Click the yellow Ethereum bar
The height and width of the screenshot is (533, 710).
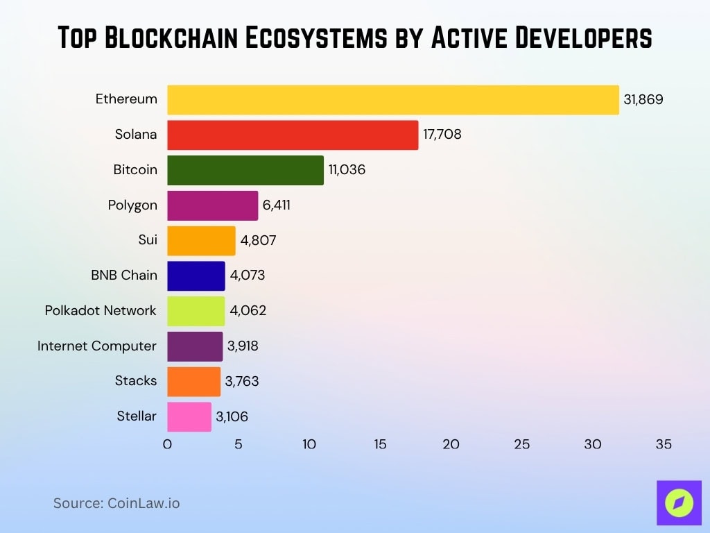coord(392,99)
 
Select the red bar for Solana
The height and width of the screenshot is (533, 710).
coord(293,135)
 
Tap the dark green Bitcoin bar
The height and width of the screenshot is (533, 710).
coord(245,170)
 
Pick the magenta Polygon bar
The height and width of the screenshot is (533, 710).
coord(212,205)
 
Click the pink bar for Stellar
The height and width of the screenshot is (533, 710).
coord(189,416)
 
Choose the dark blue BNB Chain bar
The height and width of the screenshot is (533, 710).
coord(196,276)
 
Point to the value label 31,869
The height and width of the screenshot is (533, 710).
coord(643,99)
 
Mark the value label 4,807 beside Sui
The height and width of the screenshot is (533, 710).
coord(259,240)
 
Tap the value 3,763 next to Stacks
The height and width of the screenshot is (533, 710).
coord(241,381)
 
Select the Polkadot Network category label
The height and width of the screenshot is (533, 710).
coord(101,310)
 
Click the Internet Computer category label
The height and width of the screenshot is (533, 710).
coord(97,346)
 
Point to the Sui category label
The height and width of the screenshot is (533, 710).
coord(147,240)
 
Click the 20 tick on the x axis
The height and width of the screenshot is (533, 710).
coord(451,445)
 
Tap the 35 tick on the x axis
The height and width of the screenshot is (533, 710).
coord(664,445)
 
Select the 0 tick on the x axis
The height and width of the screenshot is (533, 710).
coord(167,445)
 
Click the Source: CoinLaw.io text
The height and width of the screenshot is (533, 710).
coord(116,503)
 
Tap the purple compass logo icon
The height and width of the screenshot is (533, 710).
coord(679,502)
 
